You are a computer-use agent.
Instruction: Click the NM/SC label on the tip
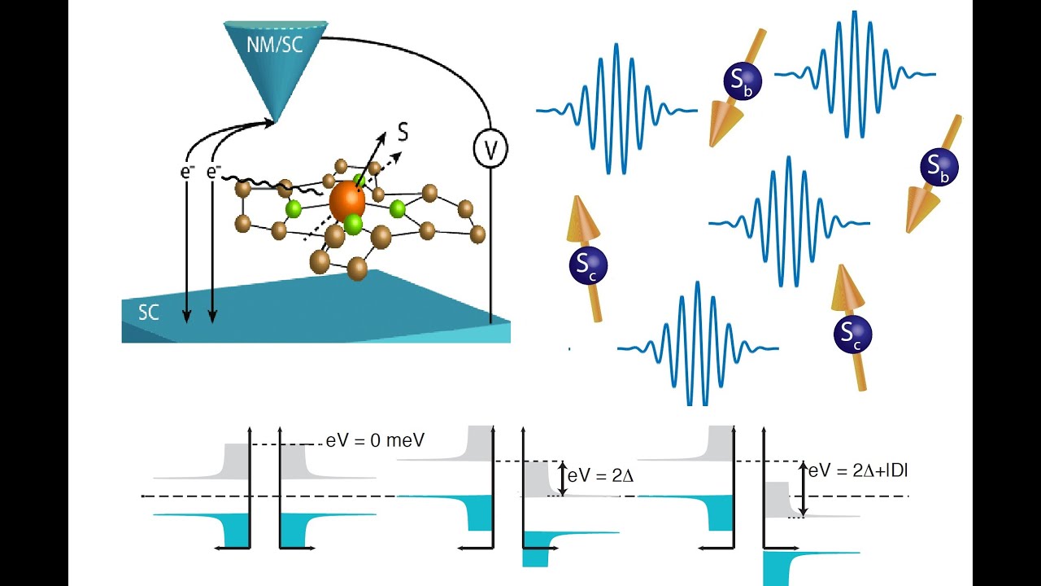click(x=274, y=44)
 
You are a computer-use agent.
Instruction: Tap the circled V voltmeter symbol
click(x=490, y=149)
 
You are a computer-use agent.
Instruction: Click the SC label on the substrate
click(x=148, y=313)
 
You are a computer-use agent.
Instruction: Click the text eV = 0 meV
click(x=376, y=440)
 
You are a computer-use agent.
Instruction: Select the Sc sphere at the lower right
click(x=852, y=334)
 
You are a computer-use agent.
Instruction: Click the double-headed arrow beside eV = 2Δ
click(x=561, y=478)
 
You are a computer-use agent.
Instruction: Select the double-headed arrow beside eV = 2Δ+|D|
click(x=804, y=489)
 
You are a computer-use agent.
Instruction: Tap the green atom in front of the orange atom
click(x=354, y=223)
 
